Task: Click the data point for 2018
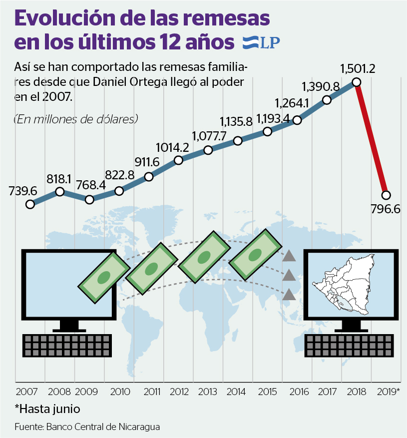[x=356, y=82]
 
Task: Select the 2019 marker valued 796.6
[x=386, y=195]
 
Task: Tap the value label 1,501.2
[x=358, y=68]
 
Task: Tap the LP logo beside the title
[x=260, y=43]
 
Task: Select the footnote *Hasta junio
[x=47, y=409]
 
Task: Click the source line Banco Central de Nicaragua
[x=87, y=427]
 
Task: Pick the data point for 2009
[x=89, y=199]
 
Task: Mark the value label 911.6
[x=147, y=162]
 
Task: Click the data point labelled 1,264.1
[x=297, y=120]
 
